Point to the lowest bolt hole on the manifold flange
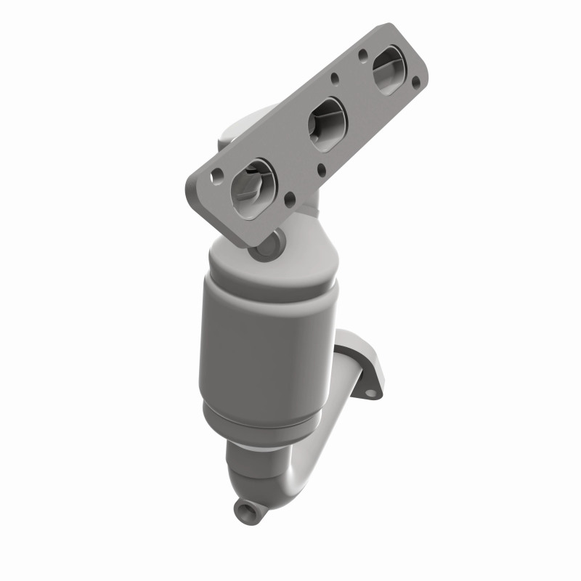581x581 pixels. coord(290,197)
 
